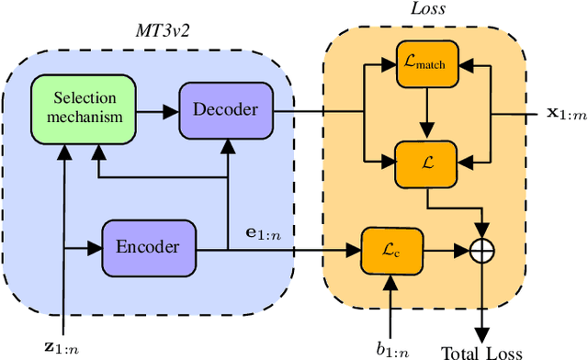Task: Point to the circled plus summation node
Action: tap(482, 248)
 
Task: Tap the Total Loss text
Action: tap(481, 351)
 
